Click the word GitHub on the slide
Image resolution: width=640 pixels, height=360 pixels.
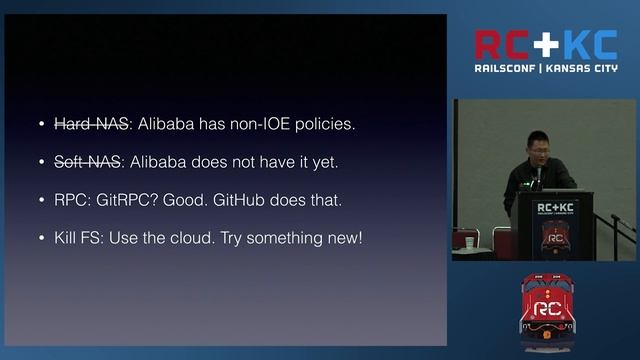(239, 200)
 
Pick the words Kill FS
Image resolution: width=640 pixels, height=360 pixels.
(78, 238)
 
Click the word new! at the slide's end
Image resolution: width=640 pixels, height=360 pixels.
(341, 238)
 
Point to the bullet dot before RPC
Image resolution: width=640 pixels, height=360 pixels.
(41, 200)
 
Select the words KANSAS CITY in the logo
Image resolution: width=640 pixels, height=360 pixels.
(584, 69)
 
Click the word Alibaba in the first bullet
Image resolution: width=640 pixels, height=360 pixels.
(166, 124)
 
